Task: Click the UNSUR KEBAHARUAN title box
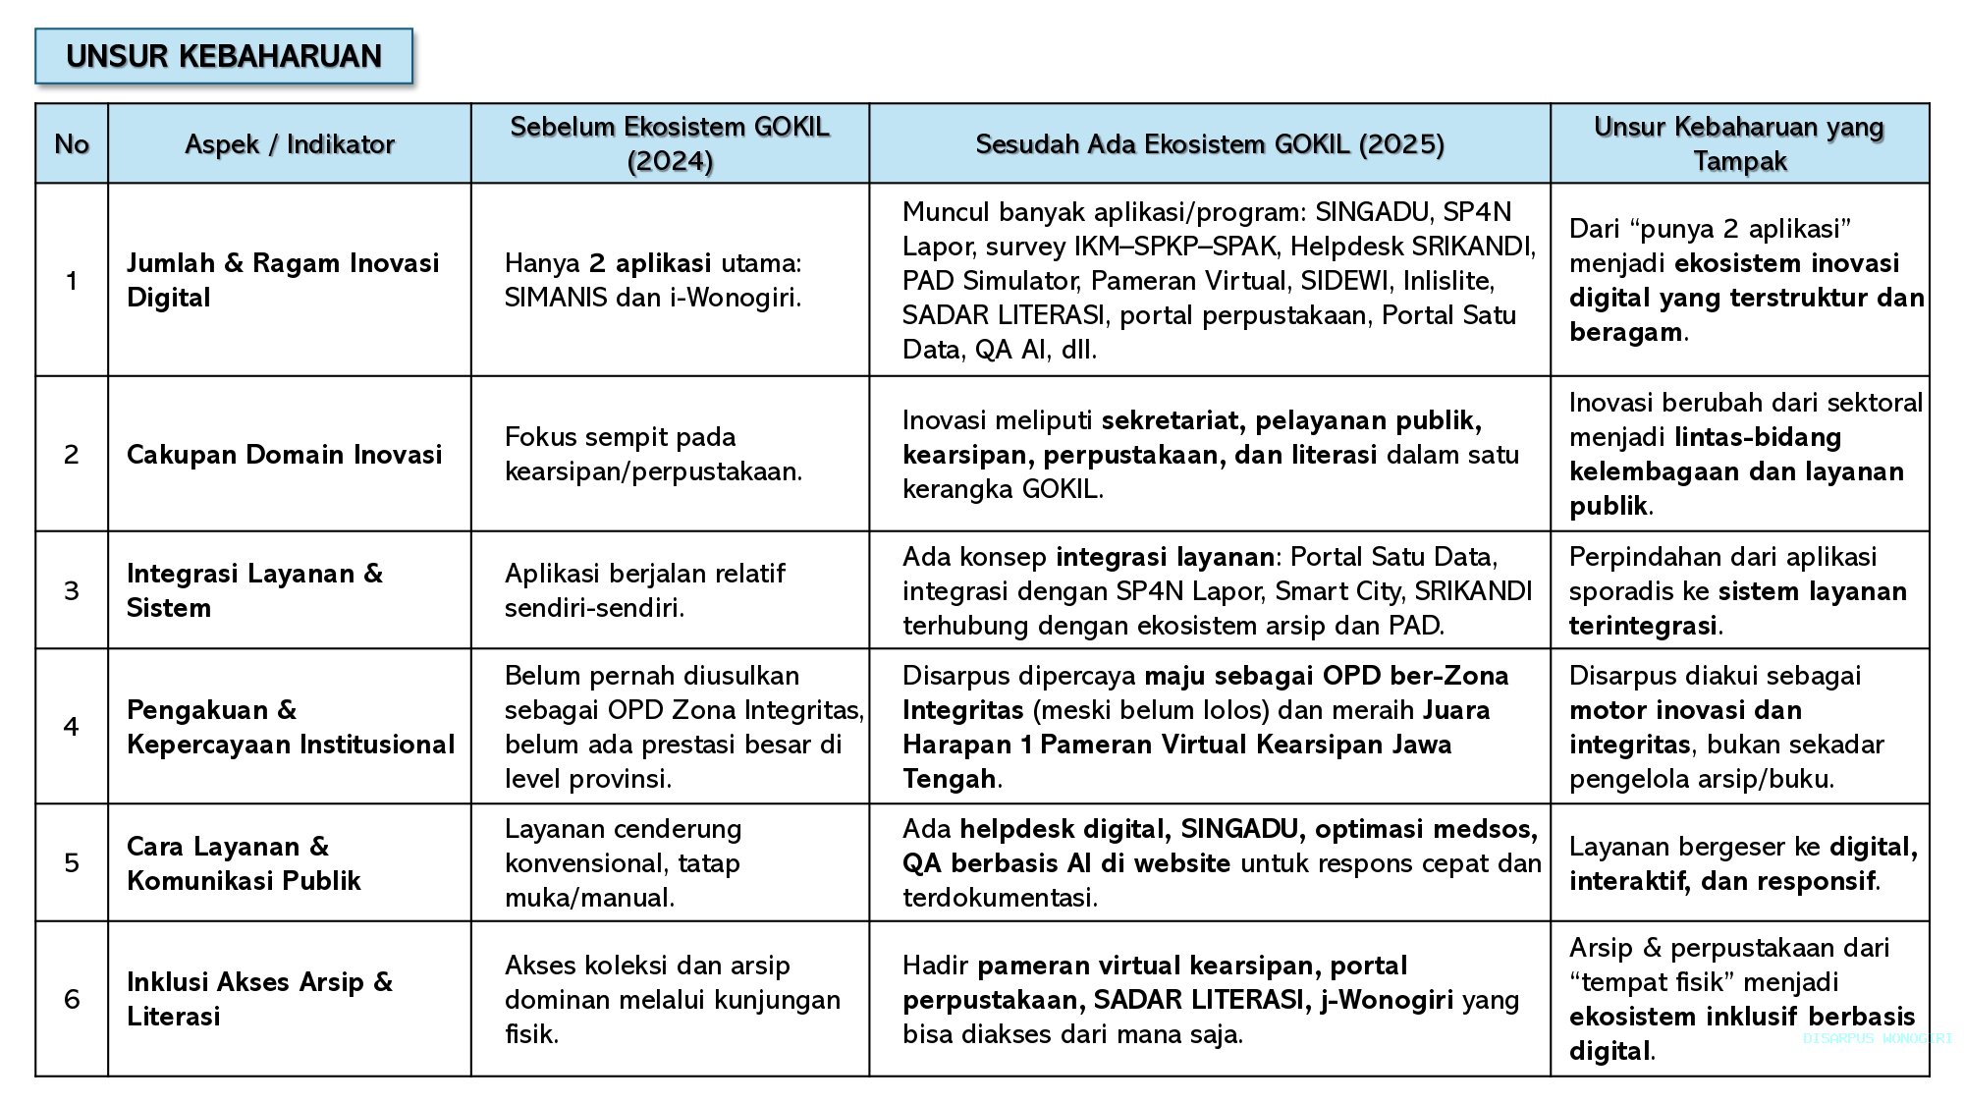[224, 56]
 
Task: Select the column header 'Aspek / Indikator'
[290, 144]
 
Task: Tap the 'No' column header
[72, 144]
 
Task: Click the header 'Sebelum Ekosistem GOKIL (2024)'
[670, 143]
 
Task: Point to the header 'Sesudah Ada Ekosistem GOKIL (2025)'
[1210, 144]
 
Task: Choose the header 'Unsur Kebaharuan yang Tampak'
[1739, 143]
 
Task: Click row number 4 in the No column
[72, 727]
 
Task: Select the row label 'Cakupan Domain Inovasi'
[285, 454]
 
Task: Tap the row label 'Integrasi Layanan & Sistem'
[255, 590]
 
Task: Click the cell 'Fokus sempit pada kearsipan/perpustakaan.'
[653, 454]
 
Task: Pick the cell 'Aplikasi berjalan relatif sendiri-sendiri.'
[644, 590]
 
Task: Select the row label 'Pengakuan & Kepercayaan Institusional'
[291, 727]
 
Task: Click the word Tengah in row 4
[949, 779]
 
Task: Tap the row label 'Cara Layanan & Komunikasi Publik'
[244, 863]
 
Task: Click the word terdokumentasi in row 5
[998, 898]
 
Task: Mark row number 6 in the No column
[72, 999]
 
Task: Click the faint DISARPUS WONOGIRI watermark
[1877, 1038]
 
